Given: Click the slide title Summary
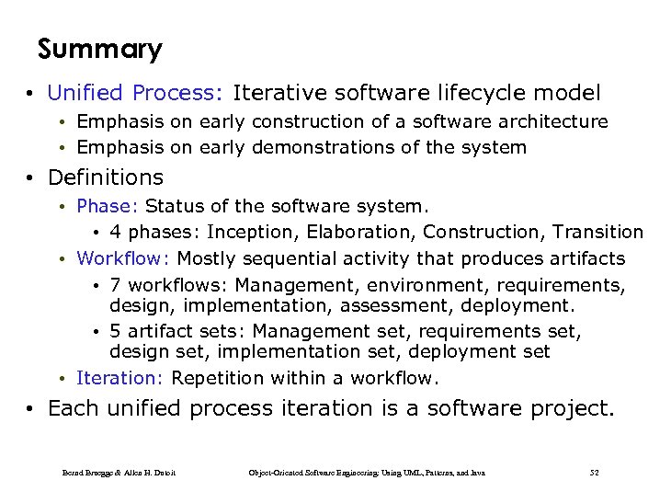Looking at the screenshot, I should [100, 49].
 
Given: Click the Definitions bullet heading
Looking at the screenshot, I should [105, 177].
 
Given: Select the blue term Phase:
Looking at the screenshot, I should [108, 205].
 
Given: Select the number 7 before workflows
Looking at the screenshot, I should [115, 286].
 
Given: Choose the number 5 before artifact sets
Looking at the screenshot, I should [115, 331].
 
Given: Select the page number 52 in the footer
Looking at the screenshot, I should [594, 473].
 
